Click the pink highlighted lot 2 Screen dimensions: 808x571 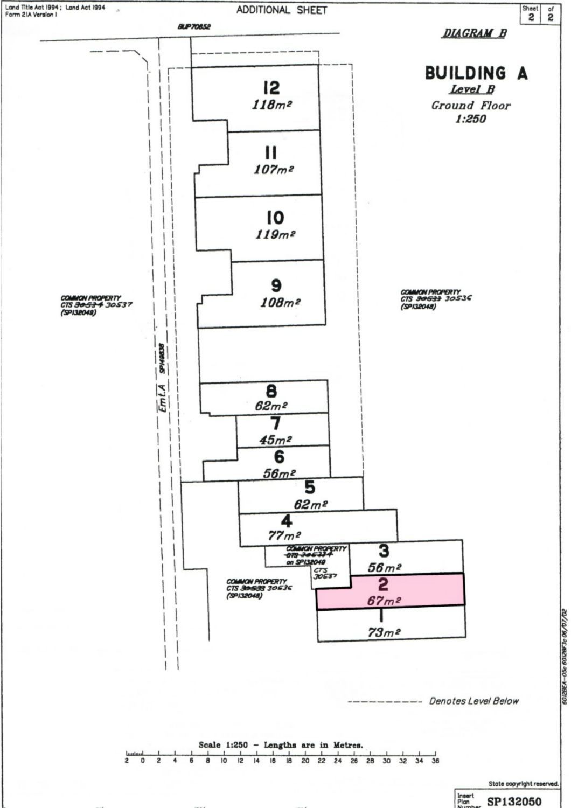pyautogui.click(x=390, y=591)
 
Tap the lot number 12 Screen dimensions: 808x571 pyautogui.click(x=271, y=87)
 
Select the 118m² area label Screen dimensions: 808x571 pyautogui.click(x=271, y=105)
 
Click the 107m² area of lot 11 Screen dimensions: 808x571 pyautogui.click(x=274, y=169)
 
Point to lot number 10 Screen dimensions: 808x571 pyautogui.click(x=275, y=218)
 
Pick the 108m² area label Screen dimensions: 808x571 pyautogui.click(x=280, y=302)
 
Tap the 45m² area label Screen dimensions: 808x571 pyautogui.click(x=275, y=440)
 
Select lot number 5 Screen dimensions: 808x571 pyautogui.click(x=310, y=487)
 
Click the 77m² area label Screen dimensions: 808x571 pyautogui.click(x=284, y=536)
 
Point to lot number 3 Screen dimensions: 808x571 pyautogui.click(x=384, y=551)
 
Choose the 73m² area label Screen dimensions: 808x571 pyautogui.click(x=384, y=632)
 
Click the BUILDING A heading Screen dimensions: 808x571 pyautogui.click(x=476, y=73)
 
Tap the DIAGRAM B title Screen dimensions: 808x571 pyautogui.click(x=474, y=33)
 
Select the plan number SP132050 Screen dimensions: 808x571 pyautogui.click(x=514, y=802)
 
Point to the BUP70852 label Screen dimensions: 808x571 pyautogui.click(x=194, y=26)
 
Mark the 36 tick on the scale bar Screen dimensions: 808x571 pyautogui.click(x=435, y=761)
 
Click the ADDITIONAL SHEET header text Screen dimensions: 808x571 pyautogui.click(x=281, y=10)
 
